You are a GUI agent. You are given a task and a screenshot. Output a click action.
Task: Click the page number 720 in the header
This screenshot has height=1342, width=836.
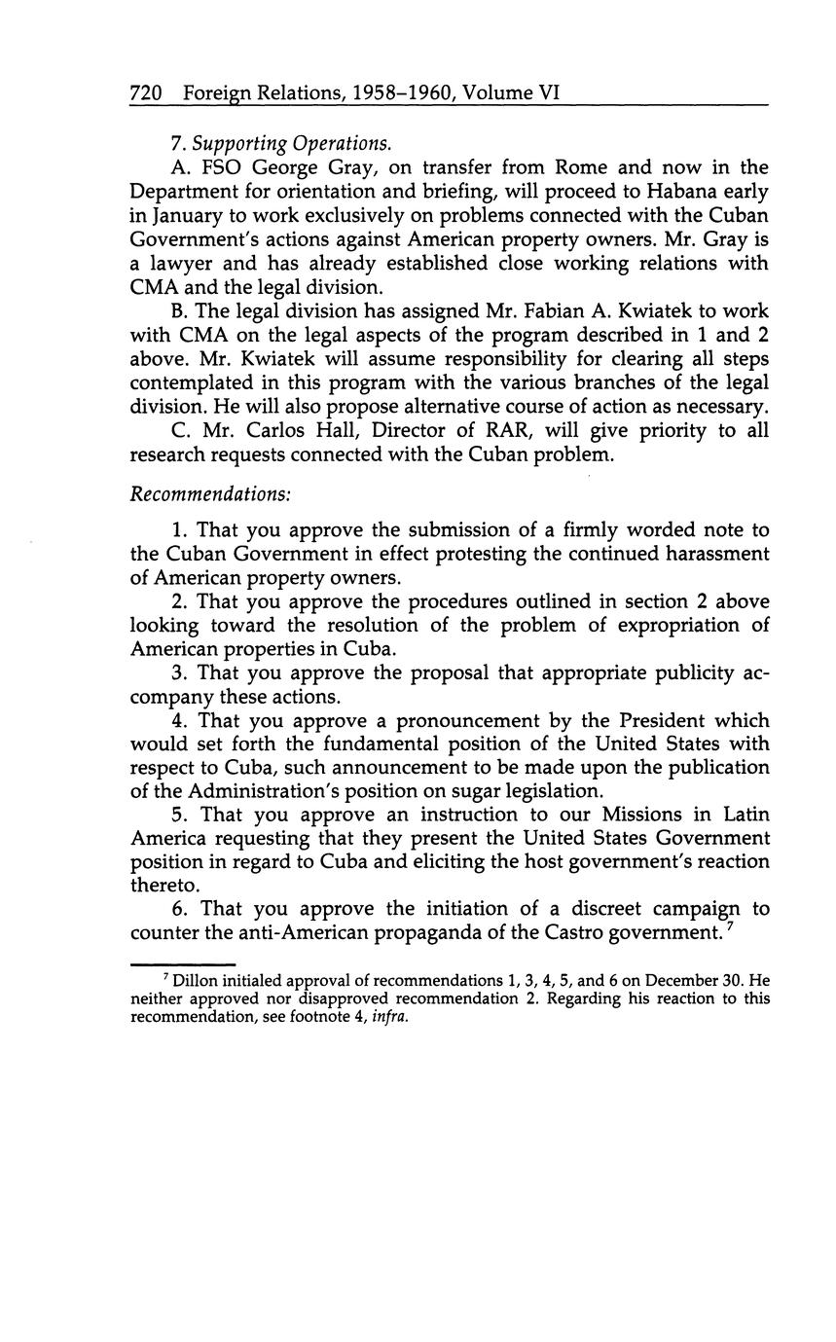coord(145,93)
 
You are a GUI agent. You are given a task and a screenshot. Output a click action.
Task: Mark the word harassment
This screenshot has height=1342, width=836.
coord(715,554)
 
